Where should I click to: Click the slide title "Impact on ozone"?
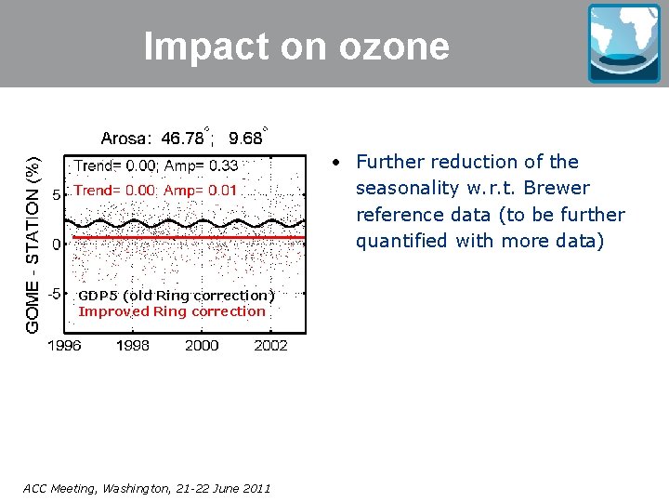coord(296,46)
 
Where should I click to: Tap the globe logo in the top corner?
coord(623,43)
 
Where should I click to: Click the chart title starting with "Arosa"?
coord(181,139)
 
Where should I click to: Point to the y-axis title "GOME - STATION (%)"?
coord(33,244)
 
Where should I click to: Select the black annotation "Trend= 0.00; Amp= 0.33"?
coord(156,166)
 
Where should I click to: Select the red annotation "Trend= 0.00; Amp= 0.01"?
coord(156,190)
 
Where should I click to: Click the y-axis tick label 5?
coord(57,196)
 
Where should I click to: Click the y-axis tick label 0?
coord(57,244)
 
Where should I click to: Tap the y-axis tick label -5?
coord(55,293)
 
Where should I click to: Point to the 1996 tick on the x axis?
coord(64,346)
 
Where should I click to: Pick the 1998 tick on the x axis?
coord(133,346)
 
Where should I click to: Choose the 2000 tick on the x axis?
coord(202,346)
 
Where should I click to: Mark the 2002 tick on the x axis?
coord(270,346)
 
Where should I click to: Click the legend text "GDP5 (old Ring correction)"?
coord(176,296)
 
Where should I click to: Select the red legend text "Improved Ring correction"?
coord(172,311)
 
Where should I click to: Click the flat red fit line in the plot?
coord(186,238)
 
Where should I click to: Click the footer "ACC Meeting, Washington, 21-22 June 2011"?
coord(147,488)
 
